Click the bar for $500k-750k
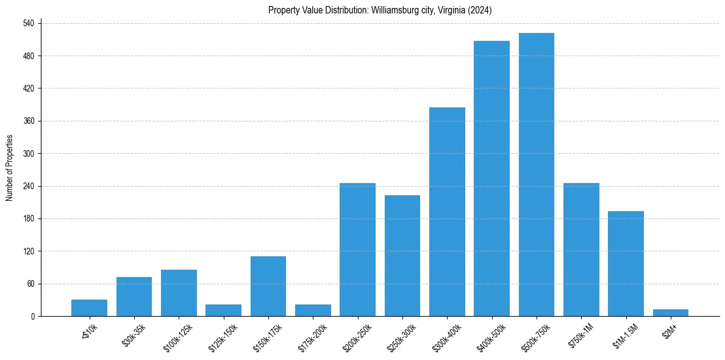coord(537,175)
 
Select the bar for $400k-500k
coord(491,179)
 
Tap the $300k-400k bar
coord(447,212)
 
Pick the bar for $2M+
coord(671,313)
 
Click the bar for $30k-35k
coord(134,297)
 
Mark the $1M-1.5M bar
coord(626,264)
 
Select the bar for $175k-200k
coord(313,311)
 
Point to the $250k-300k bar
coord(402,256)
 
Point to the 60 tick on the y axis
coord(35,284)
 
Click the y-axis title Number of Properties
coord(9,168)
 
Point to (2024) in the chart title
coord(480,10)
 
